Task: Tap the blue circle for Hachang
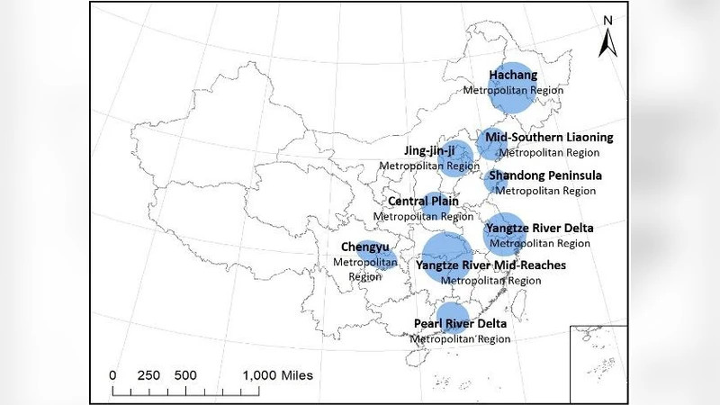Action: tap(514, 85)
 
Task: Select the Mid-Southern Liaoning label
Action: tap(548, 138)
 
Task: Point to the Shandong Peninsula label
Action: tap(545, 175)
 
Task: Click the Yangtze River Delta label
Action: tap(539, 229)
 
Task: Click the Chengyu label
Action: tap(365, 246)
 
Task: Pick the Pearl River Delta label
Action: tap(460, 324)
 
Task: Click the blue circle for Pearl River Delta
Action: tap(452, 319)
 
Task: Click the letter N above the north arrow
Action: tap(609, 20)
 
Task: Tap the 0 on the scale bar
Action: tap(112, 374)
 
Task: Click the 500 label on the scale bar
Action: tap(185, 374)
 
